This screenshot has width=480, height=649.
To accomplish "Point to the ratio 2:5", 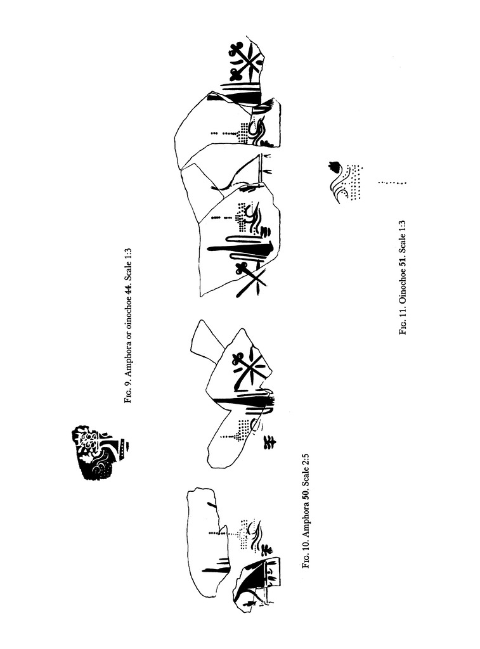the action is tap(306, 461).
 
